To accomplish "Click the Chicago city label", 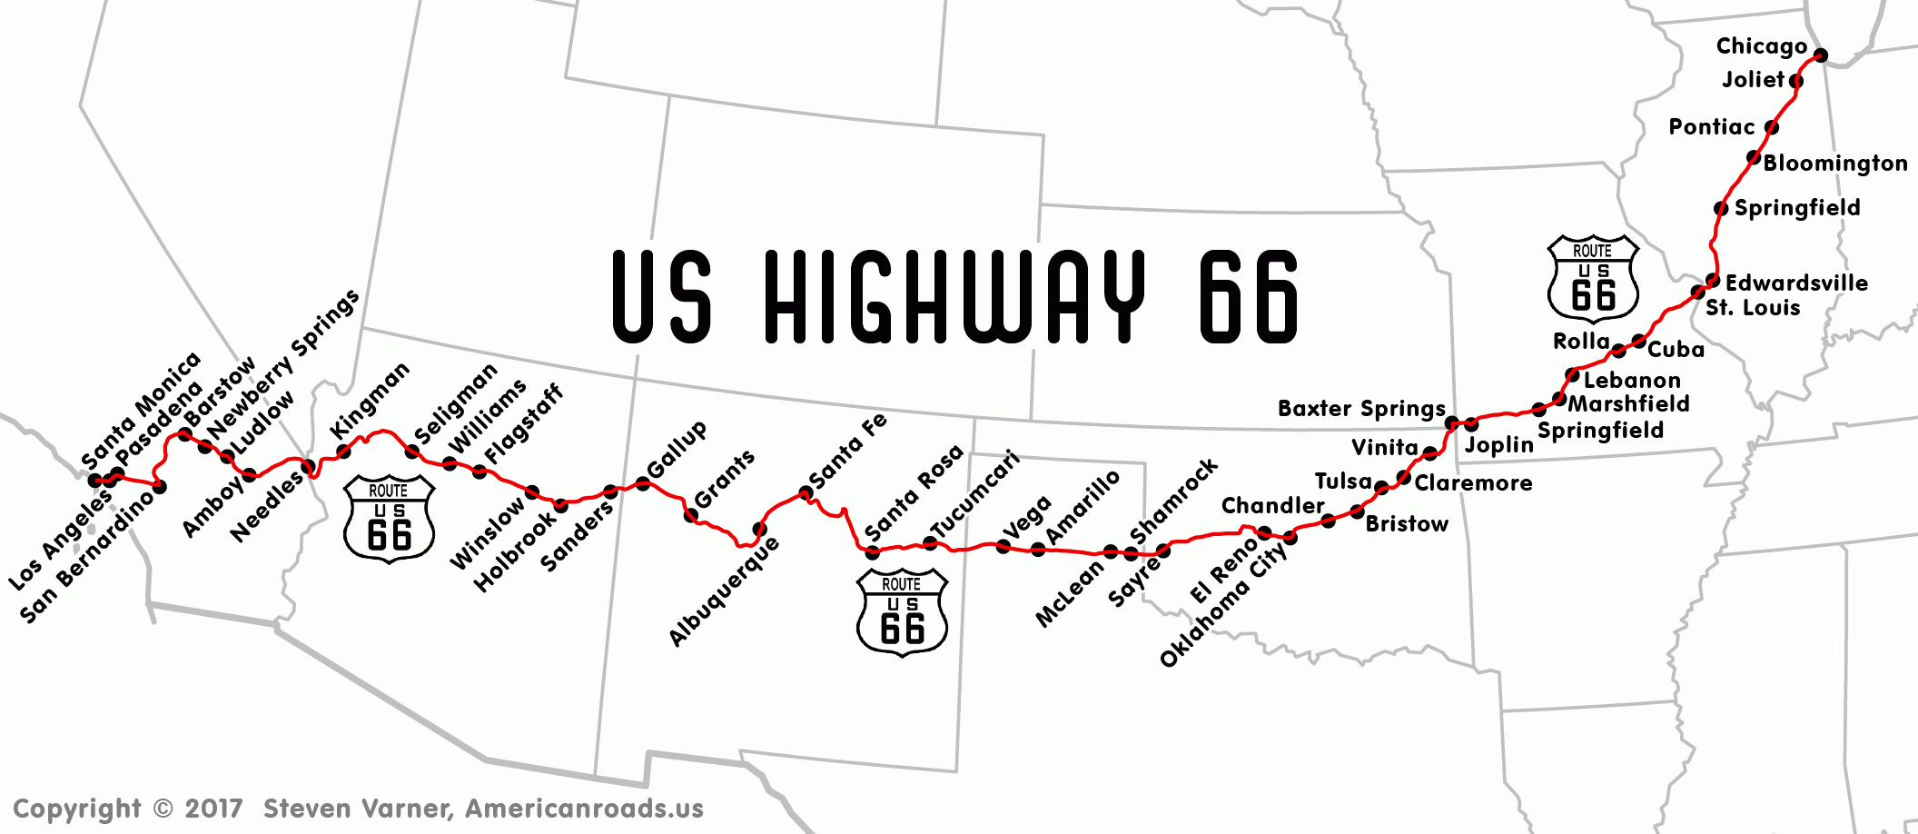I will (x=1761, y=46).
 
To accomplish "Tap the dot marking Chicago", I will (x=1820, y=55).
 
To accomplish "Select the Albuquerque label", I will (x=724, y=591).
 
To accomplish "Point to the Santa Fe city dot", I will (x=806, y=493).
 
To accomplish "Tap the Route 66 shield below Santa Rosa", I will (x=902, y=611).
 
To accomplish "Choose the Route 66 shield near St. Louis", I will (x=1593, y=279).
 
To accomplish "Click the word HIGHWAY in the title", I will (x=954, y=297).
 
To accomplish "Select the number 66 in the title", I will (x=1249, y=297).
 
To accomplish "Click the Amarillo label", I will (x=1083, y=508).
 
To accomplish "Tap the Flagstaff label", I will (x=523, y=423).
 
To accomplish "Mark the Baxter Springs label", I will (x=1360, y=409).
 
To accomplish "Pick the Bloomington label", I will (x=1834, y=164).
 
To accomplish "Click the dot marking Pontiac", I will (x=1771, y=127).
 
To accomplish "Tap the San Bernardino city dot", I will (x=160, y=487).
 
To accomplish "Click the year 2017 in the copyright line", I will (x=213, y=809).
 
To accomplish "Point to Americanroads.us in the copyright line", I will (x=584, y=809).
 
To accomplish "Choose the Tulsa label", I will (x=1343, y=482).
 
